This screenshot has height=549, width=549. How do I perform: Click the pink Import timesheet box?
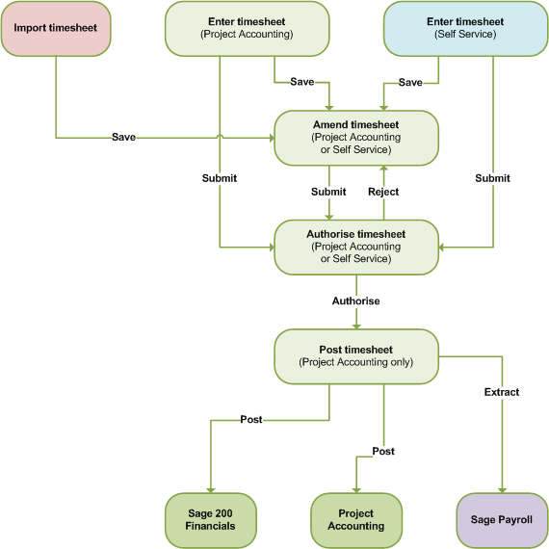pos(55,28)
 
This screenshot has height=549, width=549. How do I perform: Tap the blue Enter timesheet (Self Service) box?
pos(465,27)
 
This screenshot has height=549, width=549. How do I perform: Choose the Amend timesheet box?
pos(356,137)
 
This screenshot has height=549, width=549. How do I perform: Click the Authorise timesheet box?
pos(356,246)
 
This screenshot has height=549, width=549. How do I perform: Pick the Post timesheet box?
pos(356,355)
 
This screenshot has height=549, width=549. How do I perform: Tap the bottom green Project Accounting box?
pos(355,519)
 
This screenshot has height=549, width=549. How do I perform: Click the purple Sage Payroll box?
pos(501,519)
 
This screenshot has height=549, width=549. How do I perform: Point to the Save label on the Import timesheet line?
pos(123,137)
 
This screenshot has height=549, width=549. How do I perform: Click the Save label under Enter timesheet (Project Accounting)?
pos(301,82)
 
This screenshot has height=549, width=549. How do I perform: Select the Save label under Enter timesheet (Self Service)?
pos(410,82)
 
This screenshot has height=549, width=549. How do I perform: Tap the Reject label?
pos(383,192)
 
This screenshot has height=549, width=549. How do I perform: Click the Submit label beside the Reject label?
pos(328,192)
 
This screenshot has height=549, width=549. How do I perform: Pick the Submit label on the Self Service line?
pos(492,178)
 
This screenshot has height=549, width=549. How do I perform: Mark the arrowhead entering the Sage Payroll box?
pos(501,489)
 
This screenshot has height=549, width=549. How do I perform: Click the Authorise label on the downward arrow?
pos(356,301)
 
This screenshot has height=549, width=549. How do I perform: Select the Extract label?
pos(501,392)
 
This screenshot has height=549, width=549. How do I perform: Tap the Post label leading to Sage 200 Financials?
pos(250,419)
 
